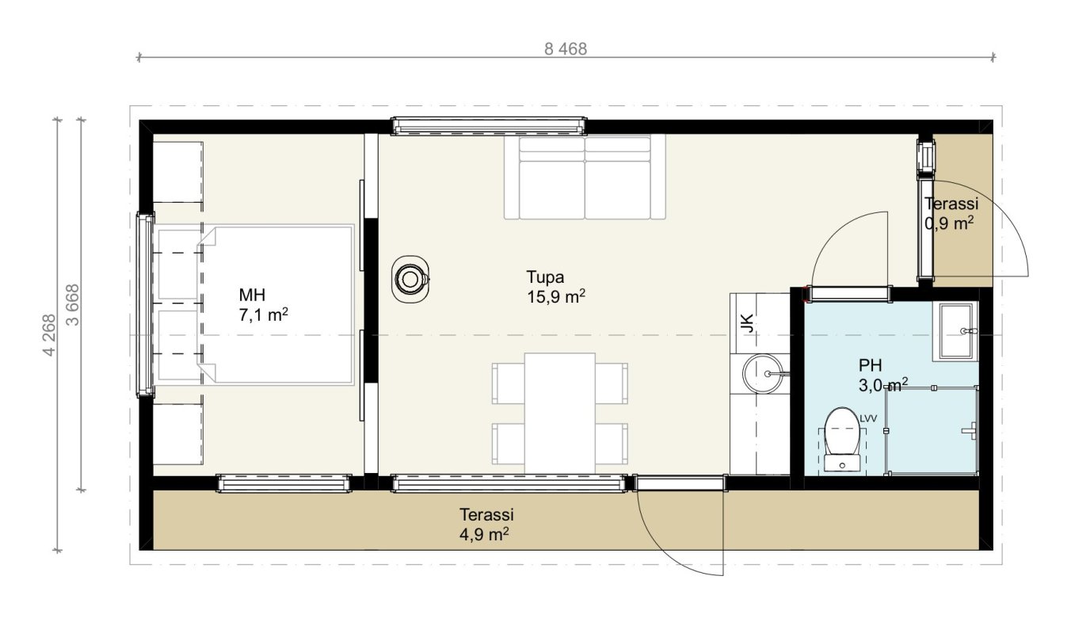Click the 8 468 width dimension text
tap(566, 49)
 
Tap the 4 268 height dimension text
tap(49, 335)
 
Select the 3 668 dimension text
tap(73, 305)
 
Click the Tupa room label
tap(545, 277)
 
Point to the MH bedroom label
tap(252, 295)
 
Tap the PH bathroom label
tap(870, 365)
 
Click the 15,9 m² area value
tap(556, 296)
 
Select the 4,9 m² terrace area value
tap(484, 534)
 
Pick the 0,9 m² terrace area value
tap(949, 223)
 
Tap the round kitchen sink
tap(763, 374)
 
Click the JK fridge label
tap(747, 323)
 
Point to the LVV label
tap(868, 418)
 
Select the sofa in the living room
tap(585, 177)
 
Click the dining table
tap(560, 414)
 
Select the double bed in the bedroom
tap(276, 305)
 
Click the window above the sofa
tap(489, 126)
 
